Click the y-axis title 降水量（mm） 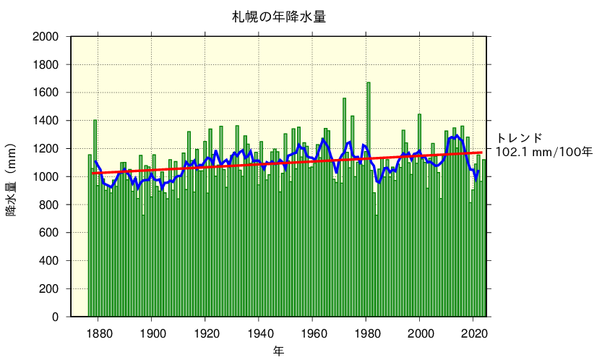pos(12,178)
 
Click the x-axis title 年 pos(278,351)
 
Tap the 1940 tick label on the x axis pos(259,333)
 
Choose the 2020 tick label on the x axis pos(474,333)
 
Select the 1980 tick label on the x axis pos(366,333)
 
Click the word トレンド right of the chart pos(518,138)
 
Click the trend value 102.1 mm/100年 pos(543,152)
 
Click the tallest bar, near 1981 pos(368,202)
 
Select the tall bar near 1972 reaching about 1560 pos(344,210)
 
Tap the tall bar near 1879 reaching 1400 pos(95,217)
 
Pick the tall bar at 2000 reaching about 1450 pos(419,217)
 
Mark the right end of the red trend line pos(482,153)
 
